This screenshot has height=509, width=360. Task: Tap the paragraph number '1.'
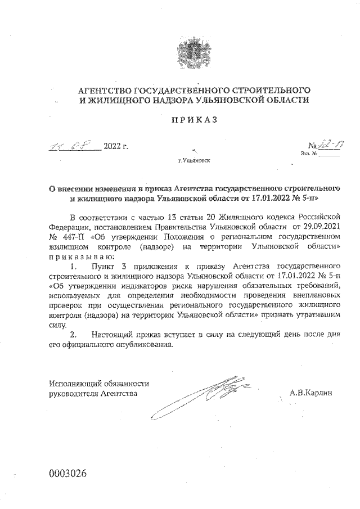pos(73,265)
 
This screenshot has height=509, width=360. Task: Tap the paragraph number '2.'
pos(73,335)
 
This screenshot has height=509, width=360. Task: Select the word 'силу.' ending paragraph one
pos(59,325)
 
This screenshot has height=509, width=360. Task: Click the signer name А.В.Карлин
pos(310,393)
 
